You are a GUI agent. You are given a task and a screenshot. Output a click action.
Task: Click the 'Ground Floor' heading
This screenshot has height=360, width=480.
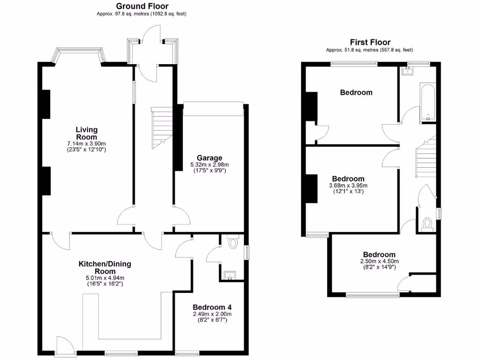142,6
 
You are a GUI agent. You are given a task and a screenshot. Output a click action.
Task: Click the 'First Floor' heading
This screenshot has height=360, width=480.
370,42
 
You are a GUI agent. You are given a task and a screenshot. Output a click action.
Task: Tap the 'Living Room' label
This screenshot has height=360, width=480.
87,133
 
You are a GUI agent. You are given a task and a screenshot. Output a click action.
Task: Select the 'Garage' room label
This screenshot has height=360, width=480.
209,158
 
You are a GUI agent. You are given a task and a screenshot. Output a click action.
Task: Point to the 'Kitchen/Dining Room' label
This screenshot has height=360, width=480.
105,268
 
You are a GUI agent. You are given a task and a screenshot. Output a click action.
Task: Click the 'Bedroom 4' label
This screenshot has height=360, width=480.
212,307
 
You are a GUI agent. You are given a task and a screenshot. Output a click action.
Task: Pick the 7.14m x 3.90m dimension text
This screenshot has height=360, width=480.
86,143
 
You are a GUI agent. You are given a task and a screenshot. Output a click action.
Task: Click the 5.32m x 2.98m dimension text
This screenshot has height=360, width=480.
209,165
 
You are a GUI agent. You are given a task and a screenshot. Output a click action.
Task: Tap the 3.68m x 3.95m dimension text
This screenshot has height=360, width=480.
348,186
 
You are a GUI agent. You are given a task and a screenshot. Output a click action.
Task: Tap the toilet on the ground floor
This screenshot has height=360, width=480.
233,243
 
